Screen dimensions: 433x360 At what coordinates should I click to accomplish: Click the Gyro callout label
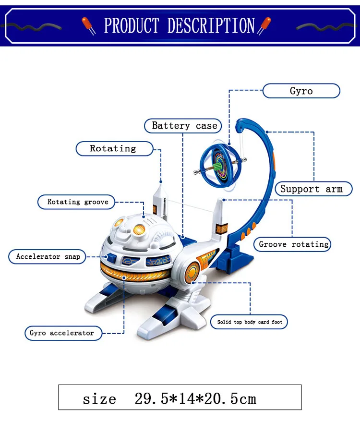pos(301,91)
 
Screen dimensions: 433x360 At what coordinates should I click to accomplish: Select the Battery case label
pos(184,126)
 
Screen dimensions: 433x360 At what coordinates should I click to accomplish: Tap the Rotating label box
pos(113,149)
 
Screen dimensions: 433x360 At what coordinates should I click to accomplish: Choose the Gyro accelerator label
pos(62,333)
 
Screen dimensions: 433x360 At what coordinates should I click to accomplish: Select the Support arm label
pos(312,189)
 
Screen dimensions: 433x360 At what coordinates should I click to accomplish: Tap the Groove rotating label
pos(294,244)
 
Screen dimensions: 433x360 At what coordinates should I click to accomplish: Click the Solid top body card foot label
pos(250,322)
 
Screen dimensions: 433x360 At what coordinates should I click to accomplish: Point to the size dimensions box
pos(180,397)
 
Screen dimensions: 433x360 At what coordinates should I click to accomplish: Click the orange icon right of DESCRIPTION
pos(264,25)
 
